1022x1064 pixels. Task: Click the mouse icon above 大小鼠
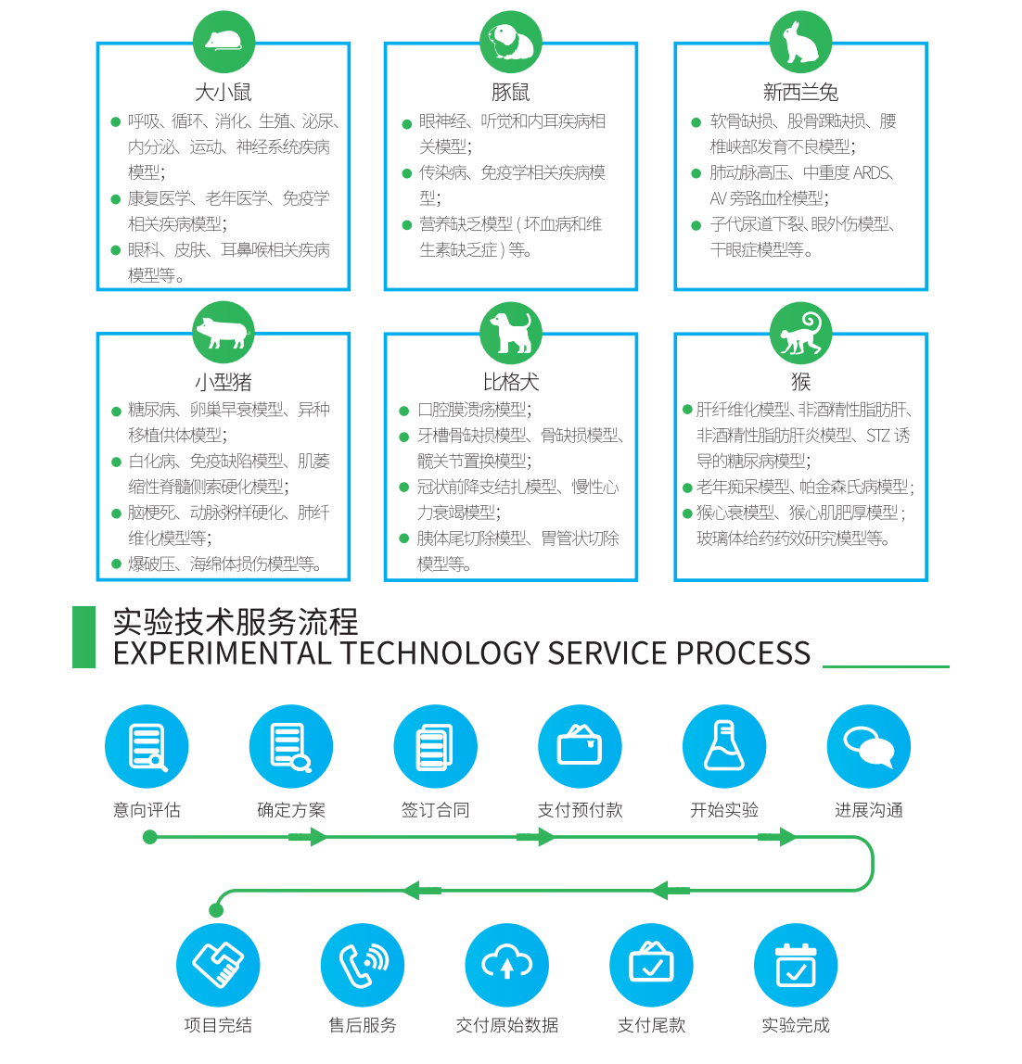pyautogui.click(x=224, y=42)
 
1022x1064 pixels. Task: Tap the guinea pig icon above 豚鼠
pyautogui.click(x=511, y=42)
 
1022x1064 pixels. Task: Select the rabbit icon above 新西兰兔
pyautogui.click(x=800, y=42)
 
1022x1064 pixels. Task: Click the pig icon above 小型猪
pyautogui.click(x=224, y=332)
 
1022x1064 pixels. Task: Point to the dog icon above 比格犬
pyautogui.click(x=511, y=332)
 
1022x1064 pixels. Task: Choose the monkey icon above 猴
pyautogui.click(x=800, y=332)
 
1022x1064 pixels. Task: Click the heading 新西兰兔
pyautogui.click(x=800, y=92)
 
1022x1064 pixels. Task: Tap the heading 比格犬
pyautogui.click(x=511, y=382)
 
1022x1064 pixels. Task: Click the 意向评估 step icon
pyautogui.click(x=147, y=747)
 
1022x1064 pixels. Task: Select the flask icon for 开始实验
pyautogui.click(x=724, y=747)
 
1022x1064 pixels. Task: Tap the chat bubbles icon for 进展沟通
pyautogui.click(x=869, y=747)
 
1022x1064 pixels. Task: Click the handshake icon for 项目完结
pyautogui.click(x=218, y=964)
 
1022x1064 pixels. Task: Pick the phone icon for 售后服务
pyautogui.click(x=363, y=964)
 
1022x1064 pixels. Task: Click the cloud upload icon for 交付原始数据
pyautogui.click(x=507, y=964)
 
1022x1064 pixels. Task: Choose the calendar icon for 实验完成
pyautogui.click(x=796, y=964)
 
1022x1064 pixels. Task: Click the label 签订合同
pyautogui.click(x=435, y=810)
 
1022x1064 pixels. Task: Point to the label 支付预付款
pyautogui.click(x=580, y=810)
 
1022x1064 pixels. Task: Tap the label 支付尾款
pyautogui.click(x=651, y=1025)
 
